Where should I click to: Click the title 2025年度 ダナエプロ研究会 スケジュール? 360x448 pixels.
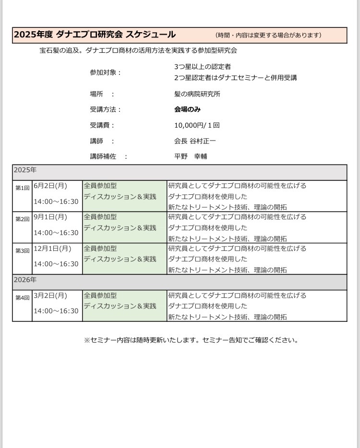tap(95, 35)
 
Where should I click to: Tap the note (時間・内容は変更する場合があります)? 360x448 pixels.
tap(268, 35)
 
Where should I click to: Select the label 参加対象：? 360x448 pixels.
tap(106, 72)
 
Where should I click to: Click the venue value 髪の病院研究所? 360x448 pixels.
tap(197, 94)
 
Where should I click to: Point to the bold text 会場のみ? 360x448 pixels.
tap(188, 109)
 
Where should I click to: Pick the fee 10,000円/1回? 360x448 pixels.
tap(197, 125)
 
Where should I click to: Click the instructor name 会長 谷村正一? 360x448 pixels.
tap(195, 141)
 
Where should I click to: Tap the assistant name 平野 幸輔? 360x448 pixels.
tap(191, 156)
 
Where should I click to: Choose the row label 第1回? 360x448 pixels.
tap(22, 188)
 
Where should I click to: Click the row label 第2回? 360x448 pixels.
tap(22, 219)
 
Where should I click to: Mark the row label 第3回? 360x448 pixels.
tap(22, 251)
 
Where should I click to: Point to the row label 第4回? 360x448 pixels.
tap(22, 298)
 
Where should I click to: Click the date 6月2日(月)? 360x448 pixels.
tap(50, 186)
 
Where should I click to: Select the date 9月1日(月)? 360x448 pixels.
tap(50, 217)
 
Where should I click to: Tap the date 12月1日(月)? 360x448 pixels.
tap(52, 248)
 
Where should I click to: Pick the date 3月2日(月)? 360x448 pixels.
tap(50, 295)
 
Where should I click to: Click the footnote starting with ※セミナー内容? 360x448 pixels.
tap(191, 340)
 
